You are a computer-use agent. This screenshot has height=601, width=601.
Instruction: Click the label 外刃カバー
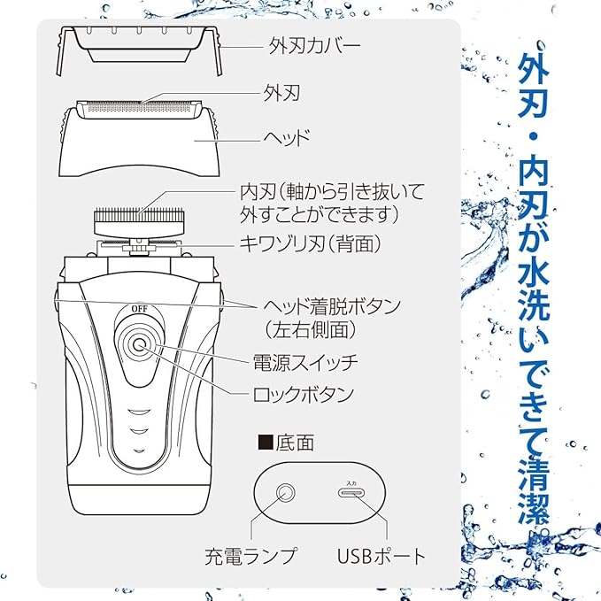pyautogui.click(x=314, y=46)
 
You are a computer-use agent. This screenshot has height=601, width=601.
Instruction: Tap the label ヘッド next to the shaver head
pyautogui.click(x=286, y=137)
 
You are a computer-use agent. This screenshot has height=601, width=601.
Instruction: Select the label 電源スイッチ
pyautogui.click(x=305, y=362)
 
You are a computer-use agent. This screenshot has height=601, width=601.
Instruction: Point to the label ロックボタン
pyautogui.click(x=304, y=395)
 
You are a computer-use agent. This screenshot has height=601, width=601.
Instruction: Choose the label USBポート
pyautogui.click(x=381, y=556)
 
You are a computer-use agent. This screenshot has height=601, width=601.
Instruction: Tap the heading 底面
pyautogui.click(x=295, y=443)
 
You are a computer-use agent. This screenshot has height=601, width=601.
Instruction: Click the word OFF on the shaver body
pyautogui.click(x=139, y=309)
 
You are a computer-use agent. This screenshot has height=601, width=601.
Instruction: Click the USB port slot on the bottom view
pyautogui.click(x=351, y=493)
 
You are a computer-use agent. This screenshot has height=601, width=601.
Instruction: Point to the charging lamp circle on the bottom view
pyautogui.click(x=285, y=492)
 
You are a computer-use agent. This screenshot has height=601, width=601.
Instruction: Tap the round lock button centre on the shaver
pyautogui.click(x=139, y=345)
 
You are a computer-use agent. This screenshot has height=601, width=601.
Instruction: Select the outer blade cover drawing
pyautogui.click(x=139, y=50)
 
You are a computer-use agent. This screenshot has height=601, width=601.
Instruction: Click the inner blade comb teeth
pyautogui.click(x=139, y=212)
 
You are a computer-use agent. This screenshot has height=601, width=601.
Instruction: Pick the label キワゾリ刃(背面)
pyautogui.click(x=311, y=243)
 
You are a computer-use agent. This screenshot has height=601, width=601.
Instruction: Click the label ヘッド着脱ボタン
pyautogui.click(x=332, y=306)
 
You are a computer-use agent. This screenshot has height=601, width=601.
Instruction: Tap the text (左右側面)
pyautogui.click(x=311, y=329)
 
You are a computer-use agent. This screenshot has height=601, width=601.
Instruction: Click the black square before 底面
pyautogui.click(x=266, y=442)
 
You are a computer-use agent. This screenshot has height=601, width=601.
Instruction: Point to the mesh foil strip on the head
pyautogui.click(x=139, y=108)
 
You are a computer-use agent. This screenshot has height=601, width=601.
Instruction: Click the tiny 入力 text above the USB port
pyautogui.click(x=351, y=483)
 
